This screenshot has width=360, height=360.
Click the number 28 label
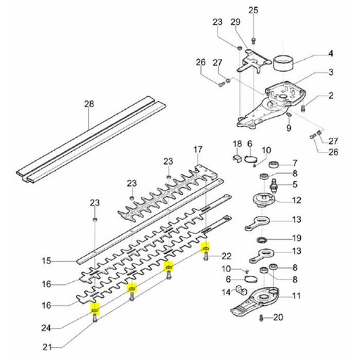pyautogui.click(x=89, y=104)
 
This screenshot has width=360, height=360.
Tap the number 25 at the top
pyautogui.click(x=253, y=9)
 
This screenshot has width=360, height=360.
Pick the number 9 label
pyautogui.click(x=288, y=127)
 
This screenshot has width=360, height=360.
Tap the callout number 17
pyautogui.click(x=198, y=149)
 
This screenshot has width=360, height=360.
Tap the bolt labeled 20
pyautogui.click(x=262, y=319)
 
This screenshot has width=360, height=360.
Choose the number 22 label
pyautogui.click(x=226, y=255)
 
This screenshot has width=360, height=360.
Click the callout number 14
pyautogui.click(x=226, y=292)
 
